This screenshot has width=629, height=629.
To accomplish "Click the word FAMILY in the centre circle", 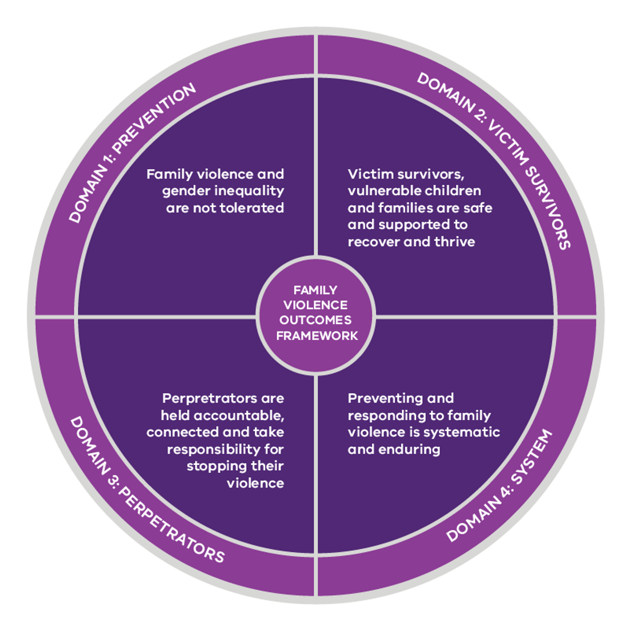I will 315,290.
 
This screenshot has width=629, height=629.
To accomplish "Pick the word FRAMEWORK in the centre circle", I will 317,336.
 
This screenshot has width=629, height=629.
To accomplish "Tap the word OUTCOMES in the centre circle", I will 315,320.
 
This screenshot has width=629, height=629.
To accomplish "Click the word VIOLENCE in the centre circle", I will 315,305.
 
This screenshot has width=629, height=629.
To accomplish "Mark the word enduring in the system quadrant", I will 409,450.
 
